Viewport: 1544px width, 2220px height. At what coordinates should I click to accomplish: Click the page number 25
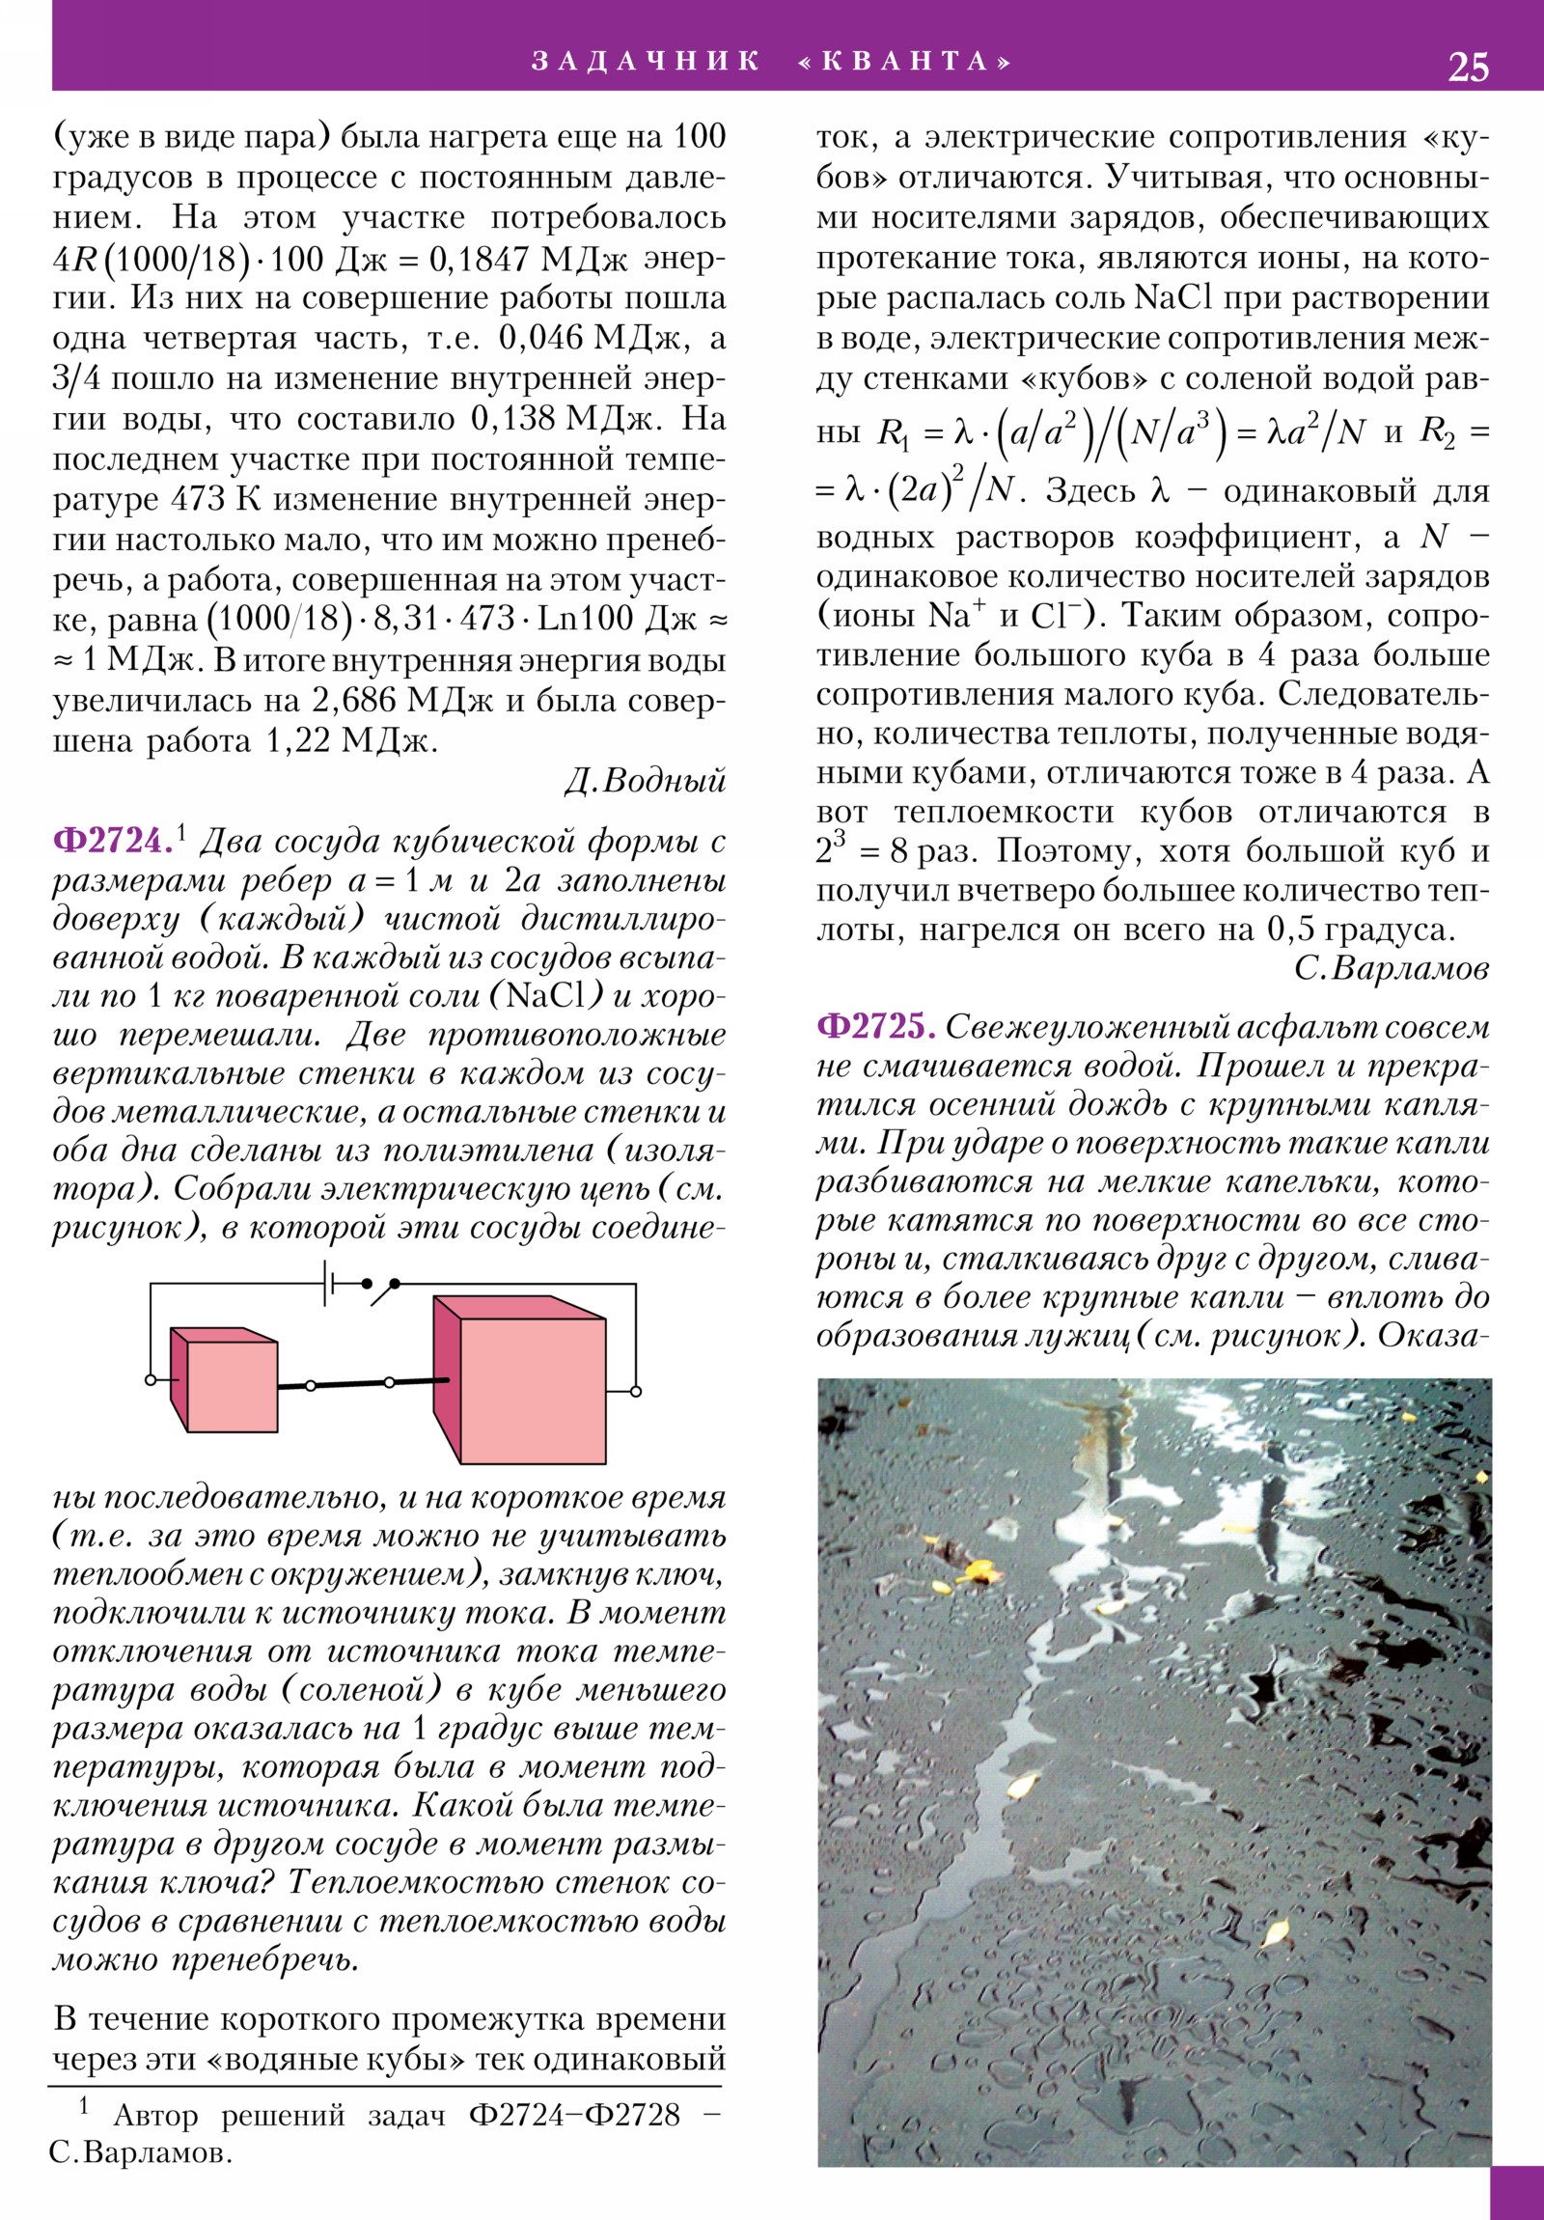(1468, 67)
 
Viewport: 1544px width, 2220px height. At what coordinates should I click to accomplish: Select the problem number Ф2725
(876, 1026)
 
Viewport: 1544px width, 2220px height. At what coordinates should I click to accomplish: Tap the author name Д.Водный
(645, 781)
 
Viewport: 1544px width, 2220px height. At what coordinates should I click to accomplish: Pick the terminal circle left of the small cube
(150, 1378)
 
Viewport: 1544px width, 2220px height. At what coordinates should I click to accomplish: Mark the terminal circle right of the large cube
(635, 1392)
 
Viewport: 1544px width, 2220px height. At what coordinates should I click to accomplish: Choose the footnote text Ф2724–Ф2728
(574, 2117)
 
